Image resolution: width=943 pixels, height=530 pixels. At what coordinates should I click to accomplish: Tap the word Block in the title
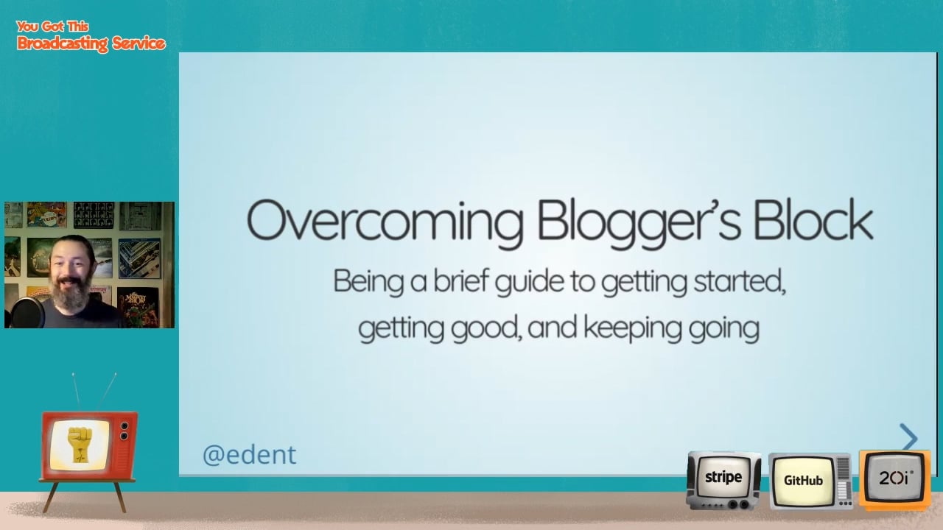pyautogui.click(x=813, y=219)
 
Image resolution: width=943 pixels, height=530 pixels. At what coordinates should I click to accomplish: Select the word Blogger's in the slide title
pyautogui.click(x=639, y=223)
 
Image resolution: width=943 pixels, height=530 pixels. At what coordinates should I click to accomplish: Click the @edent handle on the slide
pyautogui.click(x=249, y=455)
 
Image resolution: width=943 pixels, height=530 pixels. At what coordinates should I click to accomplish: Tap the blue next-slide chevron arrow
pyautogui.click(x=909, y=437)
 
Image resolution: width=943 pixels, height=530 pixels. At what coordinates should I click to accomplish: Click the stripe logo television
pyautogui.click(x=723, y=480)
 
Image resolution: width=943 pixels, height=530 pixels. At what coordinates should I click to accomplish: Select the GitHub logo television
pyautogui.click(x=810, y=481)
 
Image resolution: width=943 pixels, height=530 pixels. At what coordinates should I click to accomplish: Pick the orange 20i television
pyautogui.click(x=894, y=480)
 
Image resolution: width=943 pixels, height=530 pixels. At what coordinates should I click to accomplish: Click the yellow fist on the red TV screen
pyautogui.click(x=79, y=445)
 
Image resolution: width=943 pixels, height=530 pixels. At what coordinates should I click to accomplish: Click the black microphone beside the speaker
pyautogui.click(x=27, y=313)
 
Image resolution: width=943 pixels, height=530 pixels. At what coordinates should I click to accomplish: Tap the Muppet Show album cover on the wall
pyautogui.click(x=138, y=306)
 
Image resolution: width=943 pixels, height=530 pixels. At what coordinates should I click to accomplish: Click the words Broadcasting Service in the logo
pyautogui.click(x=91, y=43)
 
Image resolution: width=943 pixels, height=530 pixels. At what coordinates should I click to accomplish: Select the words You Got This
pyautogui.click(x=52, y=26)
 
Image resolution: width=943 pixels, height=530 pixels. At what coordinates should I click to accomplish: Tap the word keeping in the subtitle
pyautogui.click(x=632, y=328)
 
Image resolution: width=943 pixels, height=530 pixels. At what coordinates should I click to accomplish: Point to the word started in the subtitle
pyautogui.click(x=740, y=282)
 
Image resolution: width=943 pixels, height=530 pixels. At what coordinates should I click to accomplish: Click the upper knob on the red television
pyautogui.click(x=125, y=426)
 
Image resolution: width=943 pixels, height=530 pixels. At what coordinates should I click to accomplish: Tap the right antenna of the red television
pyautogui.click(x=107, y=391)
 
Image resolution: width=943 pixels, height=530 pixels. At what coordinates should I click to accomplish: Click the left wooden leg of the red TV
pyautogui.click(x=51, y=498)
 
